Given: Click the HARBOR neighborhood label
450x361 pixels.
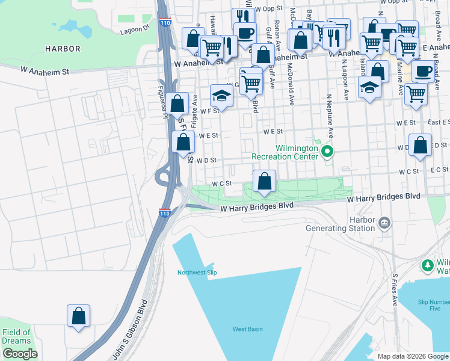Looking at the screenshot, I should tap(63, 48).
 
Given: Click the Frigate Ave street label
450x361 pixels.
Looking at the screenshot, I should tap(194, 110).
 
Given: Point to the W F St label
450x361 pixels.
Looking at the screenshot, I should tap(210, 111).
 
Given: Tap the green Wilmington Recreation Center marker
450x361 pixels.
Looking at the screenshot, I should tap(327, 151).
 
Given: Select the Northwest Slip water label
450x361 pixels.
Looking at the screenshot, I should tap(196, 273).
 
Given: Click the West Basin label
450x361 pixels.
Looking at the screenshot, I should tap(248, 329).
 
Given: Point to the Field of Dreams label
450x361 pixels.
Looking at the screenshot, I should tap(16, 336).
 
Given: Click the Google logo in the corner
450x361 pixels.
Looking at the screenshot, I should tap(20, 354).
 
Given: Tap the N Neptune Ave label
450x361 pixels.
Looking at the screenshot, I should tap(330, 114).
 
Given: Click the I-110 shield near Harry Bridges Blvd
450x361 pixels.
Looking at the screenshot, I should tap(165, 213).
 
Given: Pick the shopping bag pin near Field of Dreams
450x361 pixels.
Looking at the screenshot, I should tap(78, 315).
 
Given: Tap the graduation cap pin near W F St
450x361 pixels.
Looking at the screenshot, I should tap(221, 95).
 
